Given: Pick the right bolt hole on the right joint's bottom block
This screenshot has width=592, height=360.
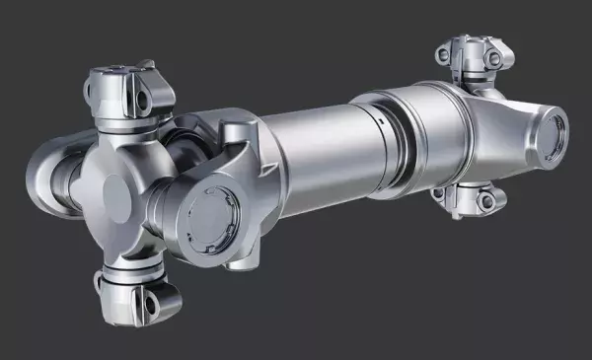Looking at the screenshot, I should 485,201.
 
